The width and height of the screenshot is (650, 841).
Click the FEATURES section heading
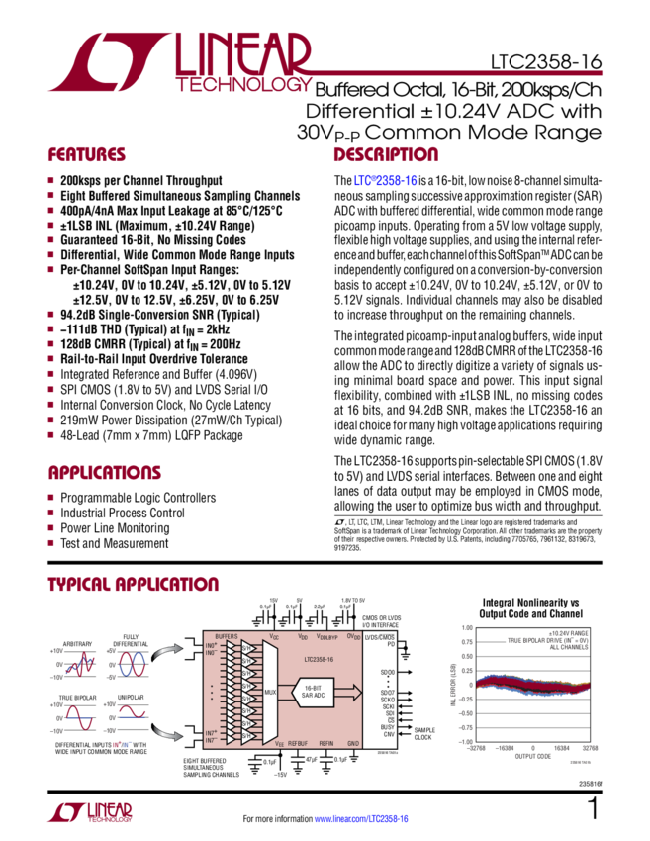(x=88, y=155)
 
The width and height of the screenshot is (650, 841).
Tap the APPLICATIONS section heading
(x=105, y=471)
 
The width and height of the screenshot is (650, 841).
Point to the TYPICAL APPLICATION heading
(x=133, y=586)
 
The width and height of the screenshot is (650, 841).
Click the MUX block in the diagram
(x=270, y=693)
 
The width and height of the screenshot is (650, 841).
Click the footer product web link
(x=360, y=820)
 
